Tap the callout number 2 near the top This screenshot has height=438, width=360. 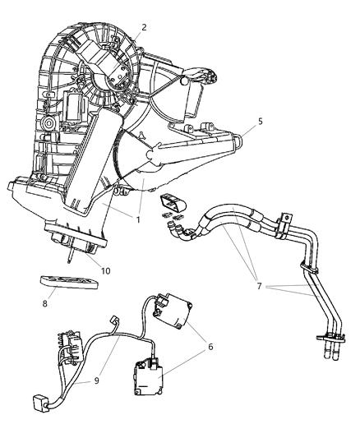143,27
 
